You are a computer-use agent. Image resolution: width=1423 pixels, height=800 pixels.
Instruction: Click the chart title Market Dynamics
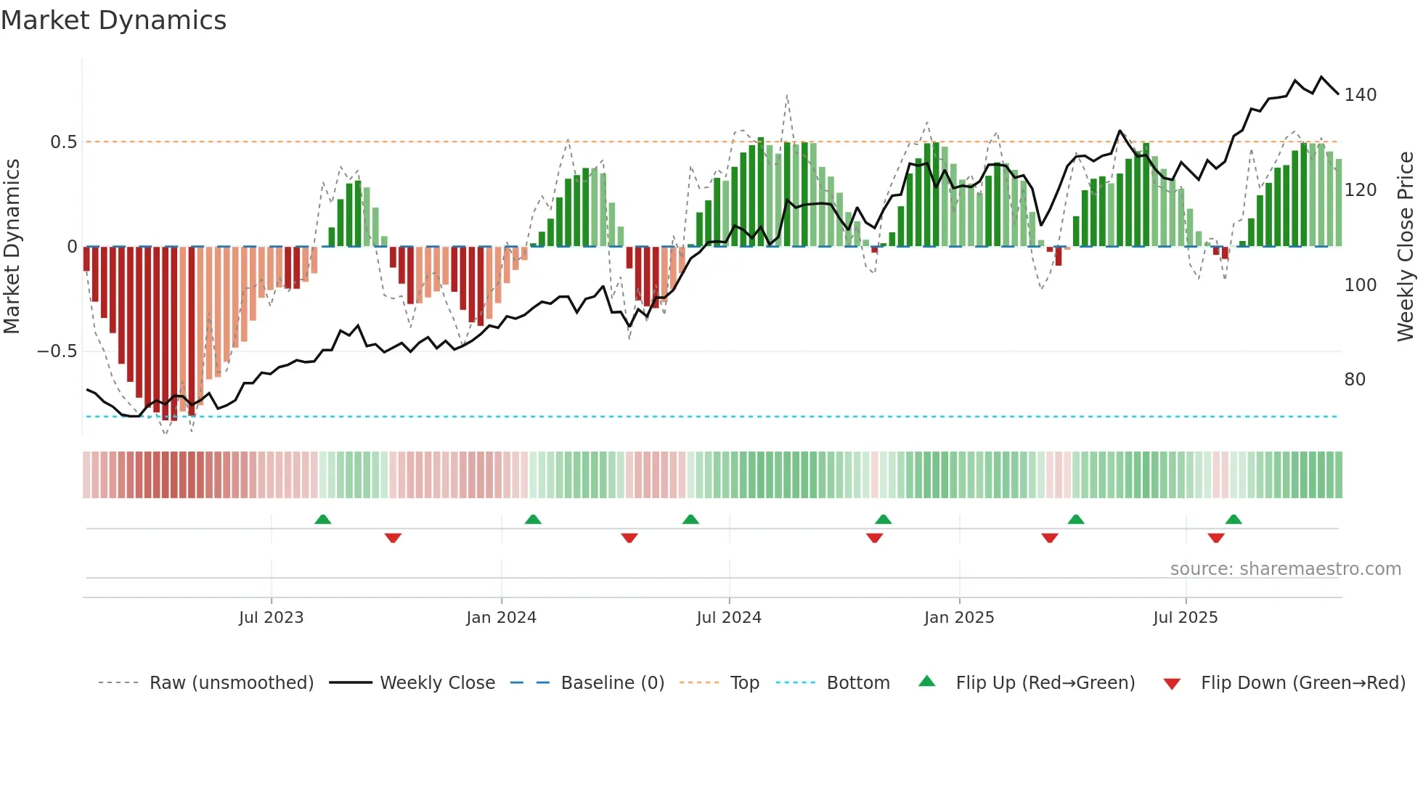113,20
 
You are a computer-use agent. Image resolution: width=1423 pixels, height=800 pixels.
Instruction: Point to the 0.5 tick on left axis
64,142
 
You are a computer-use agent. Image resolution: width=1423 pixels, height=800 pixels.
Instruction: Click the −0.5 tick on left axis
57,351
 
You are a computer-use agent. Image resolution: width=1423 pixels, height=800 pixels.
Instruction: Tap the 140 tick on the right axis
1360,95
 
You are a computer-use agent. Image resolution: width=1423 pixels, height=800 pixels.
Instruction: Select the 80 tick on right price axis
1355,380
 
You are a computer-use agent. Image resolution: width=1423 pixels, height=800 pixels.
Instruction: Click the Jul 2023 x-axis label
271,618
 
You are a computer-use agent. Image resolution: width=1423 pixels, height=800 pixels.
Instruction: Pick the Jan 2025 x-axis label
958,618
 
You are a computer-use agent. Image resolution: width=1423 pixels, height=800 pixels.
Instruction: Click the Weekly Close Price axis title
1406,247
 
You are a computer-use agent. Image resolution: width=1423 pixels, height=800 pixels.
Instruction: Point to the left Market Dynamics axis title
12,247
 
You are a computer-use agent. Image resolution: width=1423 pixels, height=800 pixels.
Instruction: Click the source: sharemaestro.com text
1285,569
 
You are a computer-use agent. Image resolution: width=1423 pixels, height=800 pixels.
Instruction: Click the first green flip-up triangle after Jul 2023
323,520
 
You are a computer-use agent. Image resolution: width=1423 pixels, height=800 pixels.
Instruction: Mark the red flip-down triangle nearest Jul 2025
1216,538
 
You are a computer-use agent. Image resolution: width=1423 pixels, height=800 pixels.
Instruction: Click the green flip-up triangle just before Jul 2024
690,520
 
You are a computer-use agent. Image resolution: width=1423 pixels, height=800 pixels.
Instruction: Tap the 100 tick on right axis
1360,285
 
